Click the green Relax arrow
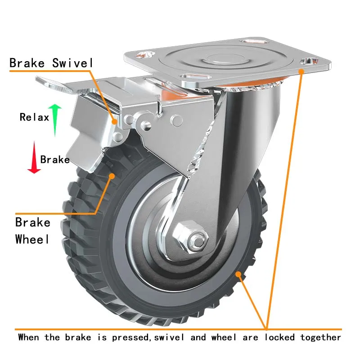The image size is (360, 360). point(55,120)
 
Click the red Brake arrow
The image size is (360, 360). point(34,157)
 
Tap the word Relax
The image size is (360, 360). point(35,117)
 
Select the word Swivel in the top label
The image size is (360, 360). point(72,63)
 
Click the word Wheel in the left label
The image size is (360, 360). point(32,239)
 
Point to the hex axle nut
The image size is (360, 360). point(190,238)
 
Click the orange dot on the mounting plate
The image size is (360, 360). point(301,72)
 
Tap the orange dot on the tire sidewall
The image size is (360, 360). point(238,274)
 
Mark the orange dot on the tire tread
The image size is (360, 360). point(112,176)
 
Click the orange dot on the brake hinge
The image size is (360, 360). point(114,121)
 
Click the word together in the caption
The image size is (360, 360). point(320,337)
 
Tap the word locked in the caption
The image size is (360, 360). point(279,337)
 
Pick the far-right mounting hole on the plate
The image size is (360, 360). point(309,61)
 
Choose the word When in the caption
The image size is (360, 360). point(28,337)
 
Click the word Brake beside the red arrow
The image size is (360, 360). point(55,160)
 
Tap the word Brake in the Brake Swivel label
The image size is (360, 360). point(27,63)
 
